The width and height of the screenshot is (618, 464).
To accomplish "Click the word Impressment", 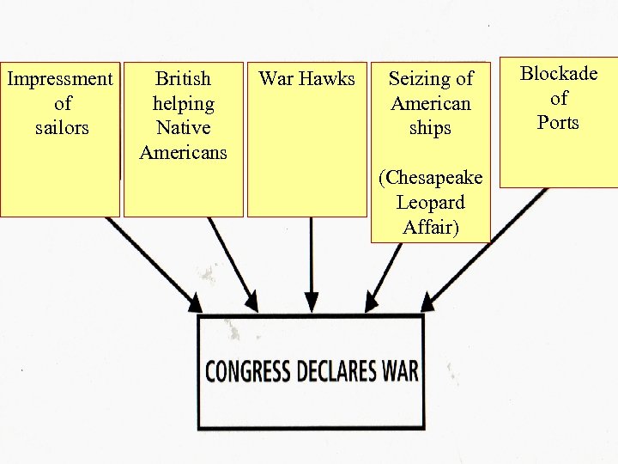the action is pyautogui.click(x=60, y=79).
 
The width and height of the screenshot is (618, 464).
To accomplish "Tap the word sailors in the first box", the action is pyautogui.click(x=62, y=128).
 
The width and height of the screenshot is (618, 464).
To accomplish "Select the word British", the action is pyautogui.click(x=183, y=79).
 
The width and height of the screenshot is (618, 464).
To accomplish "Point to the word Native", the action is pyautogui.click(x=183, y=128).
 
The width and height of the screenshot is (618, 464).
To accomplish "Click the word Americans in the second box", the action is pyautogui.click(x=183, y=153).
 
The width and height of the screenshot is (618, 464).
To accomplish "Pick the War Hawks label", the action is pyautogui.click(x=306, y=79).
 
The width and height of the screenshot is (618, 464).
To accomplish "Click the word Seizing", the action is pyautogui.click(x=431, y=79).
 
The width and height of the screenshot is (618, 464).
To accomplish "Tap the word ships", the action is pyautogui.click(x=431, y=128).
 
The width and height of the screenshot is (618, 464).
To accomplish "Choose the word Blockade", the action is pyautogui.click(x=559, y=74).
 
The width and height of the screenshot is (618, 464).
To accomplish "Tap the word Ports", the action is pyautogui.click(x=559, y=123).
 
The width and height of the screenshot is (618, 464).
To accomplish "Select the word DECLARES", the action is pyautogui.click(x=339, y=371).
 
